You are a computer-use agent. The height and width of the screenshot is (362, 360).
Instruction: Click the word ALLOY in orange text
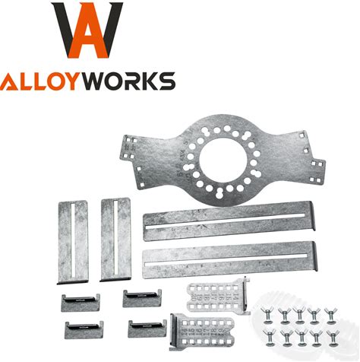[x=38, y=81]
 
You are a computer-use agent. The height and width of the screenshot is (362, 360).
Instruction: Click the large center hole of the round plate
[x=223, y=160]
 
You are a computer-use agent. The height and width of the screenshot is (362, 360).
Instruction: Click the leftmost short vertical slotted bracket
[x=73, y=242]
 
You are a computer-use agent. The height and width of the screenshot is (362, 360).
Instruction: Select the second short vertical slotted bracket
[x=115, y=240]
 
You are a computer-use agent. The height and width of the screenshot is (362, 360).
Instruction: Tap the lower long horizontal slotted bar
[x=229, y=260]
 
